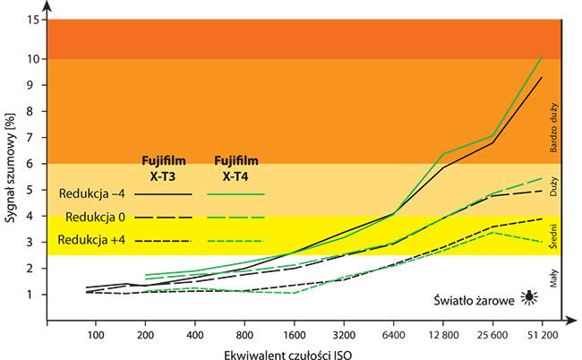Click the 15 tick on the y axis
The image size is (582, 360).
[x=33, y=20]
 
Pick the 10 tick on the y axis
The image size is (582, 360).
[x=33, y=59]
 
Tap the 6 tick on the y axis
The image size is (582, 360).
[x=34, y=164]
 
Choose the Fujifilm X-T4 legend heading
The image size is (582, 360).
[x=236, y=167]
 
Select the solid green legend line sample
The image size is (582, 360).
[x=236, y=193]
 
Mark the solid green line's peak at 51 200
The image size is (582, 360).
[x=541, y=57]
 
